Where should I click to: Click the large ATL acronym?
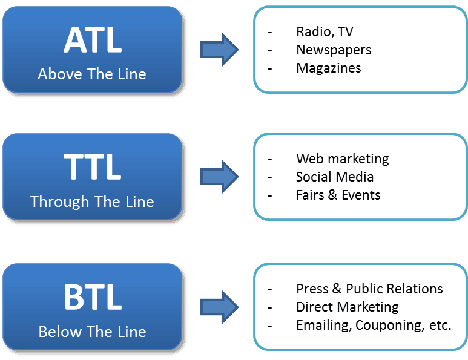click(93, 40)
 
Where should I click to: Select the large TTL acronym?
click(93, 167)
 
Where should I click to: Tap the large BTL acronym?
click(93, 296)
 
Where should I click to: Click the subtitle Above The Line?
click(92, 74)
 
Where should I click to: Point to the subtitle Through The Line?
click(92, 201)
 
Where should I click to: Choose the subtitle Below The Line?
click(93, 332)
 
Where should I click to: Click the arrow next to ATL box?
click(219, 50)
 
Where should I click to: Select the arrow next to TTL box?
click(219, 177)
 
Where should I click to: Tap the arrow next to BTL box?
click(219, 307)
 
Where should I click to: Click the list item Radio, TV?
click(325, 31)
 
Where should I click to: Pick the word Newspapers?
click(334, 50)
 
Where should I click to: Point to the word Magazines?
click(329, 68)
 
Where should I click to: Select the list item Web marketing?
click(342, 159)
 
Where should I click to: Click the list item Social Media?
click(335, 177)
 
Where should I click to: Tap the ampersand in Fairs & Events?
click(333, 195)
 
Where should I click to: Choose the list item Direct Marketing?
click(348, 307)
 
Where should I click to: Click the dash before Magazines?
click(270, 69)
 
